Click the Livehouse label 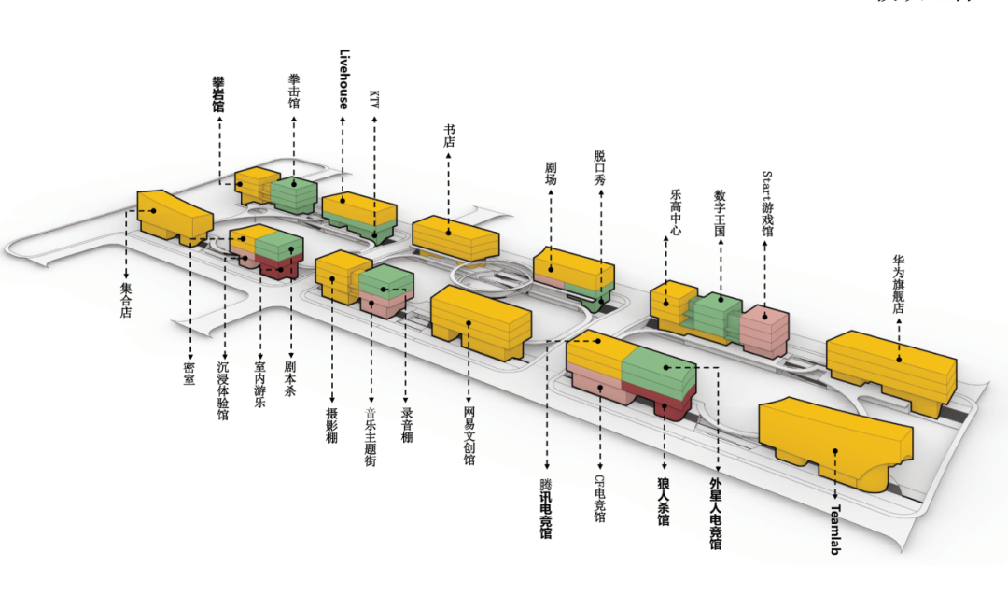click(343, 79)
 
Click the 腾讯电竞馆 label click(546, 508)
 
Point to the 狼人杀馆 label click(664, 502)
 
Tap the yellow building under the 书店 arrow click(455, 237)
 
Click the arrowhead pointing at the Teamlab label click(835, 498)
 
